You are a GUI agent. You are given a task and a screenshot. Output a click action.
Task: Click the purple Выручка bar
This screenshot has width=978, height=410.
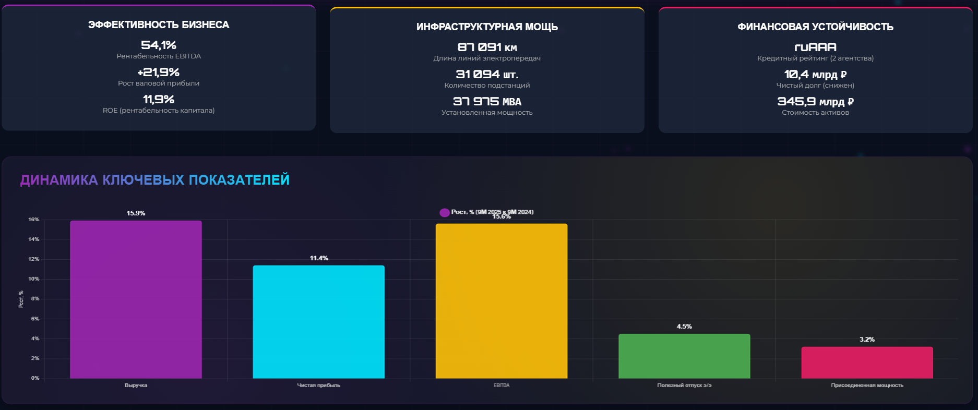pos(136,299)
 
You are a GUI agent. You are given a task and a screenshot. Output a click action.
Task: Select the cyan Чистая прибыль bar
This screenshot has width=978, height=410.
pos(318,322)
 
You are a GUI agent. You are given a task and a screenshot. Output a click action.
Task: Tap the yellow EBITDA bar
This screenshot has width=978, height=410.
pos(501,301)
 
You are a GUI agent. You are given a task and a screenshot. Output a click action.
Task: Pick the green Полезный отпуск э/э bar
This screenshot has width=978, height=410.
pos(684,356)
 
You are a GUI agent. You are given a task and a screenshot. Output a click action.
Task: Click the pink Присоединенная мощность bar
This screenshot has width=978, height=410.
pos(867,363)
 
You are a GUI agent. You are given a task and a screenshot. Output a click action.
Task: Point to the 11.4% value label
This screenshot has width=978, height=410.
pos(319,258)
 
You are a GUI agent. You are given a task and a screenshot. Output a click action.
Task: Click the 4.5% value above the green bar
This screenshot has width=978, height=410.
pos(684,327)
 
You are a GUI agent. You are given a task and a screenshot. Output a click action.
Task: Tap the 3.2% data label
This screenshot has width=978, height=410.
pos(867,340)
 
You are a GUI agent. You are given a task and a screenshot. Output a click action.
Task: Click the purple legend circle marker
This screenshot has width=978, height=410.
pos(445,212)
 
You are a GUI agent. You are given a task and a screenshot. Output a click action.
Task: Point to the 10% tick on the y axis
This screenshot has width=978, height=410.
pos(34,279)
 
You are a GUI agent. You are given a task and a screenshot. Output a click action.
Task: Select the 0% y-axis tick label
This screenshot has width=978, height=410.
pos(35,378)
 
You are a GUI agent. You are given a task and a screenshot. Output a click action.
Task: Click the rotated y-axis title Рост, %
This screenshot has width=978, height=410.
pos(21,299)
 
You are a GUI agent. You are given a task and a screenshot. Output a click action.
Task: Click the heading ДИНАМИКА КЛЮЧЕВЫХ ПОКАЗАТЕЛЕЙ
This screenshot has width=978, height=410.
pos(154,180)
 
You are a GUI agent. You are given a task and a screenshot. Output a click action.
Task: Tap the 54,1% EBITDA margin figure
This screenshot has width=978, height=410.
pos(159,45)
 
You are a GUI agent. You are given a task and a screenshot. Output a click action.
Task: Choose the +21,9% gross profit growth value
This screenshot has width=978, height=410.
pos(159,73)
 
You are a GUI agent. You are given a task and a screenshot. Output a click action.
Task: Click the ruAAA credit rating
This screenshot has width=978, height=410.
pos(815,47)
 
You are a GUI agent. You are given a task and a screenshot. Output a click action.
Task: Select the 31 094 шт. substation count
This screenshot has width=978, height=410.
pos(487,75)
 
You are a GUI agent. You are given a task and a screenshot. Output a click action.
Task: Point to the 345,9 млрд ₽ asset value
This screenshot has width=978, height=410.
pos(815,102)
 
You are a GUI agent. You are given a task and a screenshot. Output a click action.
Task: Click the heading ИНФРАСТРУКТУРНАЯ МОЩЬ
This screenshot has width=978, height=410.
pos(487,27)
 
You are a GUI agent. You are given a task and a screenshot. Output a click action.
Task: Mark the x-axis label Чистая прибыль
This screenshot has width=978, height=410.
pos(318,385)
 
